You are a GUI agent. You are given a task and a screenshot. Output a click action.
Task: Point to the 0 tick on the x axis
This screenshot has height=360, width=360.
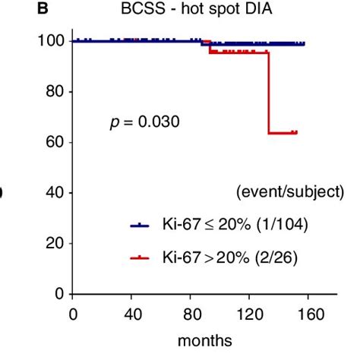pos(73,312)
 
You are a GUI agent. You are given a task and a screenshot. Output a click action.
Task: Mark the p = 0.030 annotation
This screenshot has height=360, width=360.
pos(142,121)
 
